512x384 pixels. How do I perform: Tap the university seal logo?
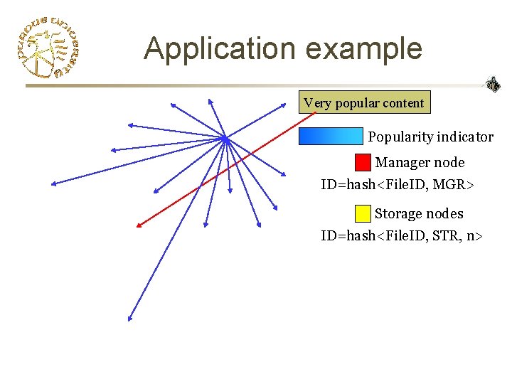(x=47, y=46)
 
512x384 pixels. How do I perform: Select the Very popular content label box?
(x=363, y=103)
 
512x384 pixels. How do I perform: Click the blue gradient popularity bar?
(x=331, y=137)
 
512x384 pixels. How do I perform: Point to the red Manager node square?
(x=363, y=163)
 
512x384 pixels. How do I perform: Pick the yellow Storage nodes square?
(x=363, y=213)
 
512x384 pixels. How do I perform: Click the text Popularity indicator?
(x=430, y=137)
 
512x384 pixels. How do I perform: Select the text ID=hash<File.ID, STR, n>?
(x=402, y=235)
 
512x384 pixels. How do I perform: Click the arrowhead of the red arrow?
(x=139, y=226)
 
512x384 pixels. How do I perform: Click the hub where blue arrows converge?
(x=224, y=139)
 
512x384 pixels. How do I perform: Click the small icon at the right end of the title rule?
(x=493, y=85)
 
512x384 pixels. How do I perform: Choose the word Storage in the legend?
(x=399, y=213)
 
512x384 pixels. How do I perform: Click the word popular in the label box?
(x=358, y=103)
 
